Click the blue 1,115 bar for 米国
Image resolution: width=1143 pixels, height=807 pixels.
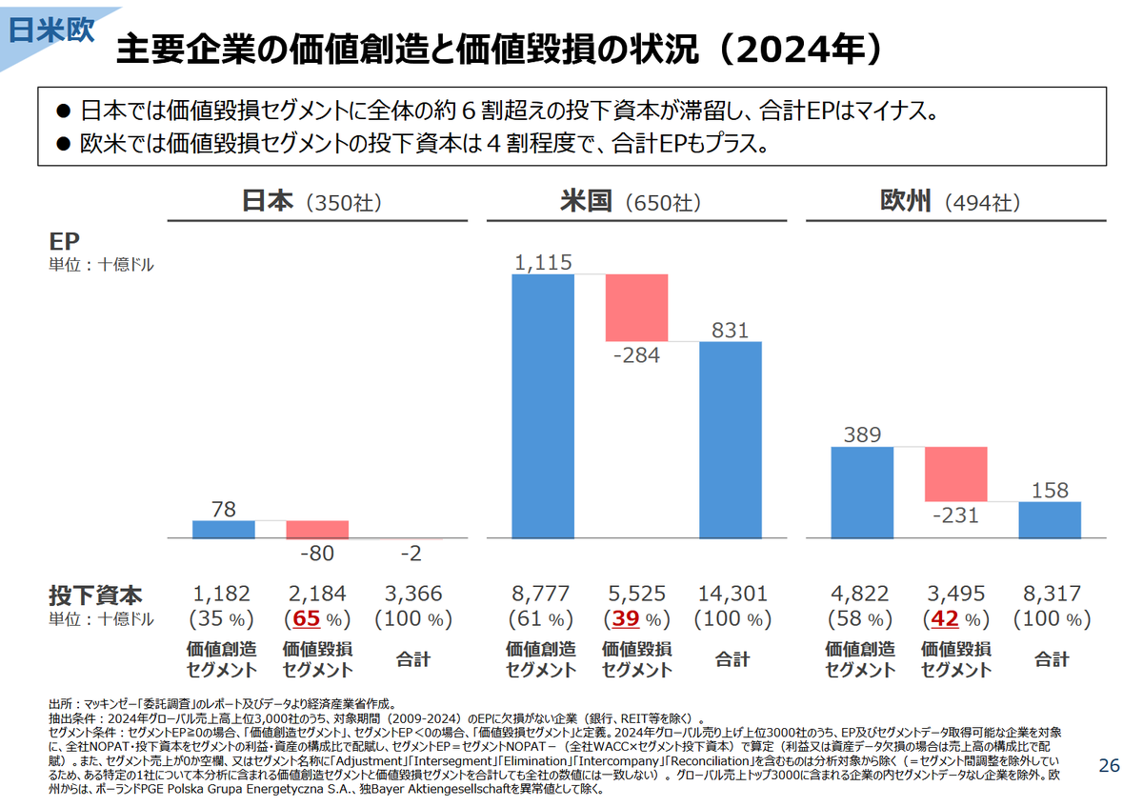click(x=543, y=406)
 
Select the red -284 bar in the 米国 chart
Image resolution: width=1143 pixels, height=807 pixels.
click(x=637, y=308)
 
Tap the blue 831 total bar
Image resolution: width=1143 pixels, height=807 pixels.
click(x=731, y=440)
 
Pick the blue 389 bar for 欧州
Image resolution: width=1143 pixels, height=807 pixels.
click(x=862, y=493)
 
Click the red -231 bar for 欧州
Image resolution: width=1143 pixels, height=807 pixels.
click(x=956, y=474)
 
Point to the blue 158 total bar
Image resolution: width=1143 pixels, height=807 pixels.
click(x=1050, y=520)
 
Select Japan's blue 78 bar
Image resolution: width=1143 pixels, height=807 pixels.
click(x=224, y=530)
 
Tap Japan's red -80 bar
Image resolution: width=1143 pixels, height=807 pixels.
click(x=317, y=530)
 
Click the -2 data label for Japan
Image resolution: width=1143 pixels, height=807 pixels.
click(x=411, y=554)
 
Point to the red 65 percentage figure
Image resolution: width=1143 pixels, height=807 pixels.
click(x=306, y=618)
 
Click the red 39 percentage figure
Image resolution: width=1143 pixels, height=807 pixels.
click(x=626, y=618)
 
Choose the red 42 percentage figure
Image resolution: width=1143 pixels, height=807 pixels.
click(x=945, y=618)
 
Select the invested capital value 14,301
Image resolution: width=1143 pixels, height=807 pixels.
click(x=732, y=594)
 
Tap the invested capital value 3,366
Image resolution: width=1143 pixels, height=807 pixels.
click(x=413, y=594)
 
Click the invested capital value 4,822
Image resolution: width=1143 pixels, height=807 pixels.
click(x=860, y=594)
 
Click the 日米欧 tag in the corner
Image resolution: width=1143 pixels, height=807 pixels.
click(x=51, y=30)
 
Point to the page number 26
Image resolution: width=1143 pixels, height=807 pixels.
click(x=1110, y=765)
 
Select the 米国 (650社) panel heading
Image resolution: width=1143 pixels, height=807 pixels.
click(x=632, y=202)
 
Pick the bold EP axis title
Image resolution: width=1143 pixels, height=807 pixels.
click(x=65, y=241)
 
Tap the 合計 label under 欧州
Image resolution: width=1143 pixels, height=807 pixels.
click(x=1052, y=659)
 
